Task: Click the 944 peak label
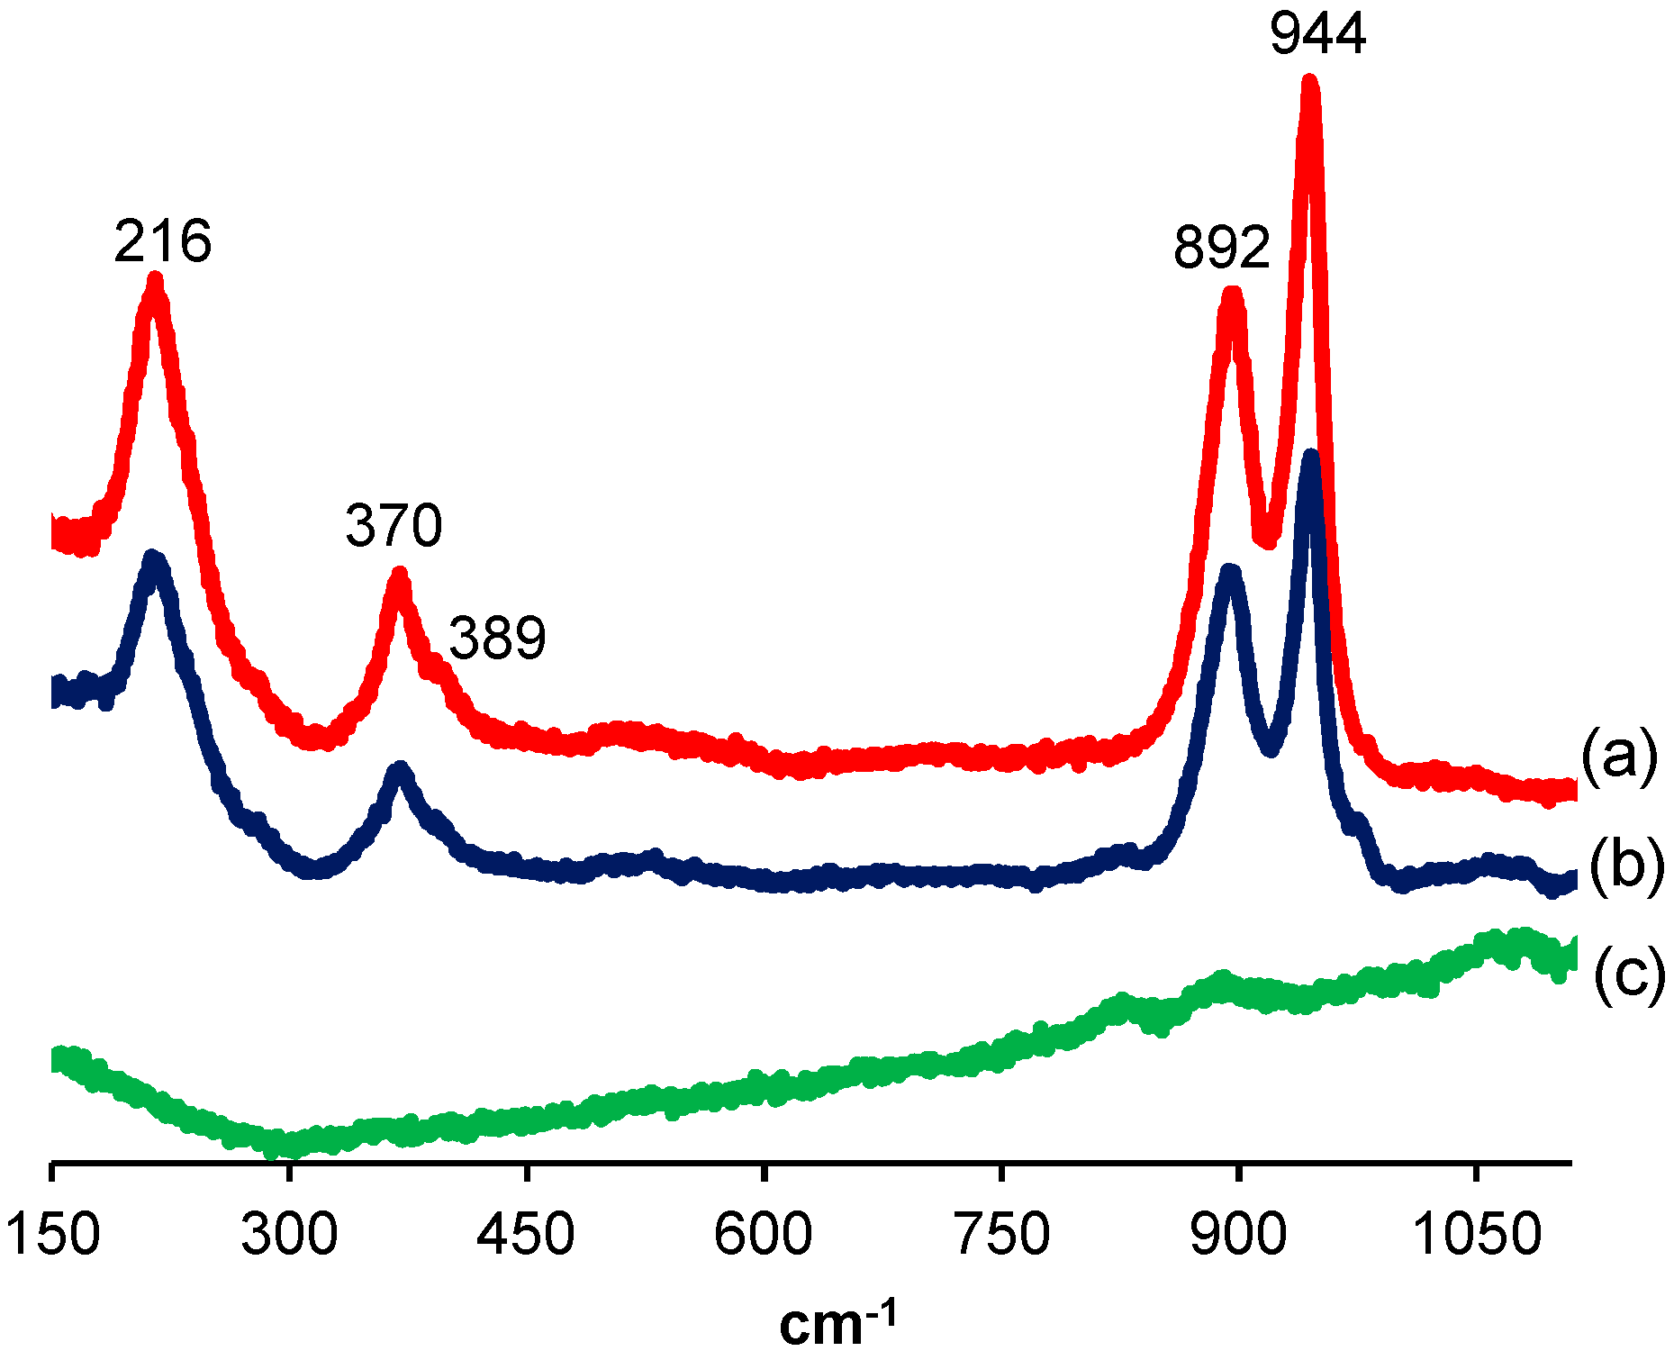[x=1317, y=33]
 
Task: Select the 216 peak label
[x=162, y=241]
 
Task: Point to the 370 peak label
[x=394, y=525]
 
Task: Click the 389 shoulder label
[x=497, y=638]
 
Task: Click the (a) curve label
[x=1618, y=757]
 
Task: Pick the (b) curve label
[x=1625, y=866]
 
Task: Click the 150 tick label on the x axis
[x=52, y=1234]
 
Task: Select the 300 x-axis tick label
[x=289, y=1234]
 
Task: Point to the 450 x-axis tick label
[x=526, y=1234]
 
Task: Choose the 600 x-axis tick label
[x=763, y=1234]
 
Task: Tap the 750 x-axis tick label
[x=1001, y=1234]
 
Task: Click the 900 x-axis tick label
[x=1239, y=1234]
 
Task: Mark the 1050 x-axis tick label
[x=1478, y=1234]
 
